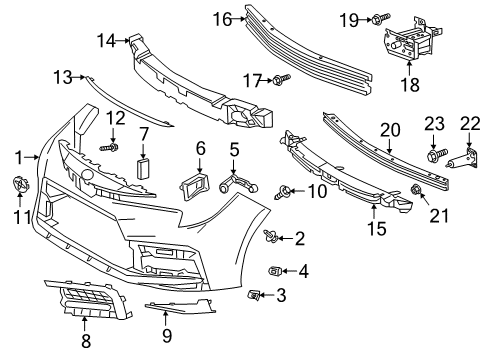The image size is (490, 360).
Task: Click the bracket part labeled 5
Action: click(x=231, y=183)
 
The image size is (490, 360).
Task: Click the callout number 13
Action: click(x=62, y=77)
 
